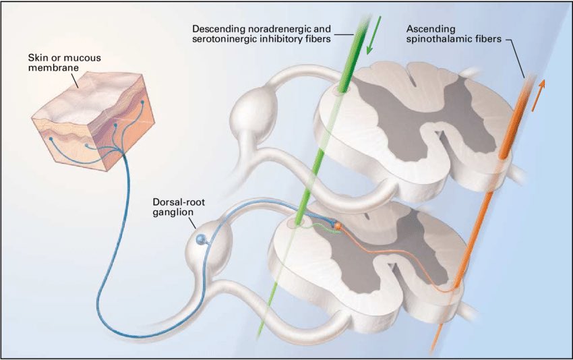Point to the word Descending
218,29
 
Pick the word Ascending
429,29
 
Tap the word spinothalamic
444,40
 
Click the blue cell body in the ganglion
200,239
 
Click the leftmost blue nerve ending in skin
50,140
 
